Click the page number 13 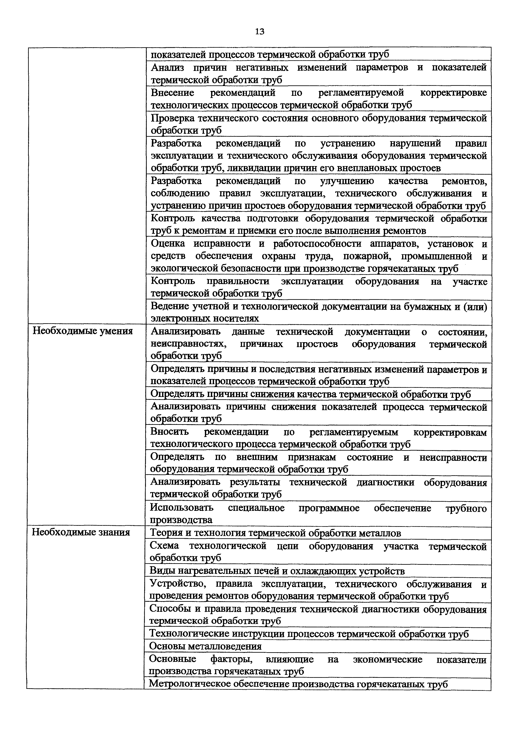(260, 32)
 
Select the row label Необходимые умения (83, 331)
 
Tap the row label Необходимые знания (81, 532)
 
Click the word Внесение (173, 93)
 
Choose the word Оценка (168, 243)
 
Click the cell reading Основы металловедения (205, 646)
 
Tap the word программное (329, 507)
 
